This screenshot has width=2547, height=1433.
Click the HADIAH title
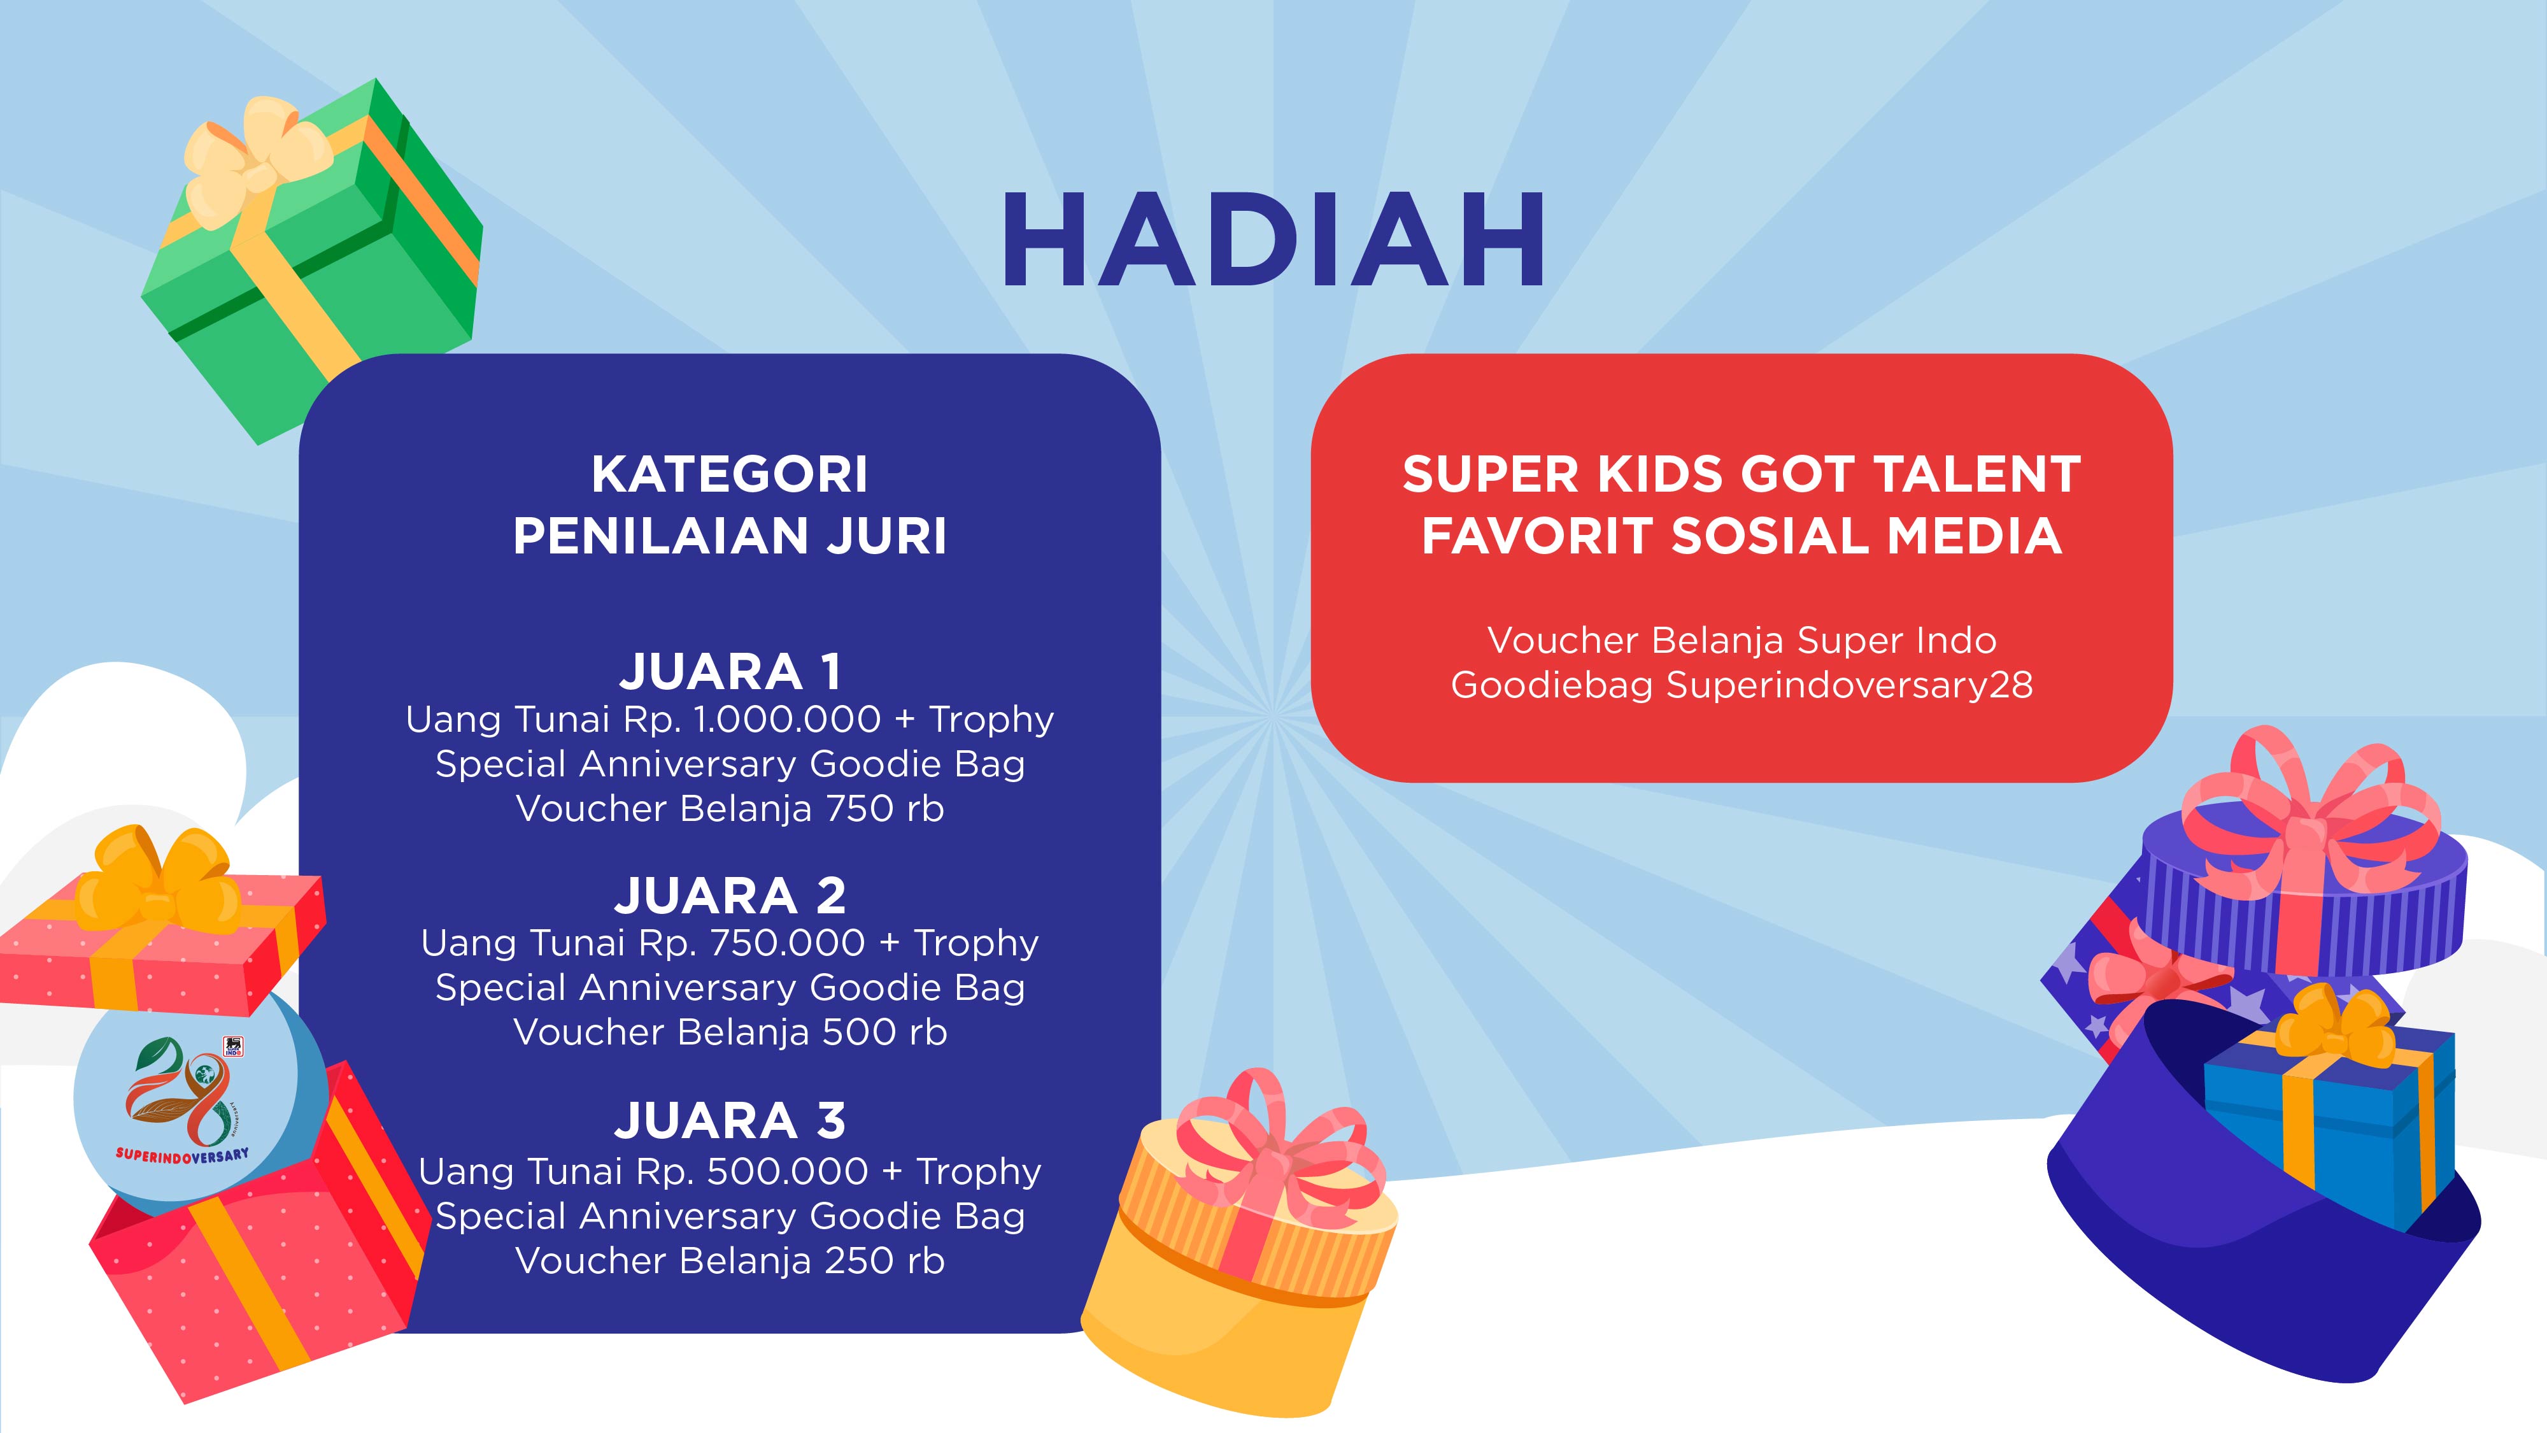click(x=1273, y=239)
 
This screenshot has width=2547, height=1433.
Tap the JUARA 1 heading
click(x=730, y=671)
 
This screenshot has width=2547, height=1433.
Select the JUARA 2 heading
click(x=730, y=896)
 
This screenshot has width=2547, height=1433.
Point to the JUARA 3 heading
click(x=730, y=1120)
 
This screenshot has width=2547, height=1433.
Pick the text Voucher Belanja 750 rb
click(x=730, y=809)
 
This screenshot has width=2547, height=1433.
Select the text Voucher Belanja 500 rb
click(x=730, y=1032)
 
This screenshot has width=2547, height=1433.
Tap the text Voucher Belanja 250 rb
click(x=730, y=1261)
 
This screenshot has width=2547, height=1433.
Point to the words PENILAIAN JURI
click(x=730, y=536)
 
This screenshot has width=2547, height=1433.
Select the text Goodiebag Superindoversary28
click(x=1741, y=685)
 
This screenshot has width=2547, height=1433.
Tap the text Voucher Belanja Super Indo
click(x=1741, y=640)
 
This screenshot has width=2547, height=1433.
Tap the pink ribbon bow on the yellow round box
click(x=1275, y=1137)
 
